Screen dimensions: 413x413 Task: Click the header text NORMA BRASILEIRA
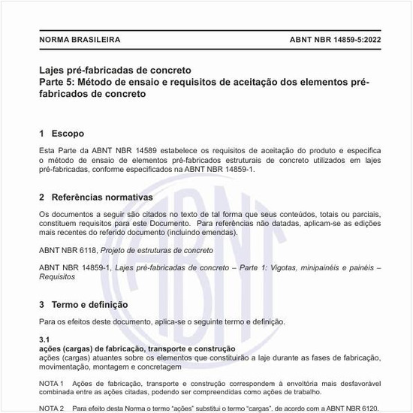(x=80, y=38)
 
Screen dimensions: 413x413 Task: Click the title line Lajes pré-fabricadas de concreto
(x=115, y=69)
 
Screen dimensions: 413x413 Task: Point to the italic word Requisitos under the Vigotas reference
(x=56, y=276)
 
